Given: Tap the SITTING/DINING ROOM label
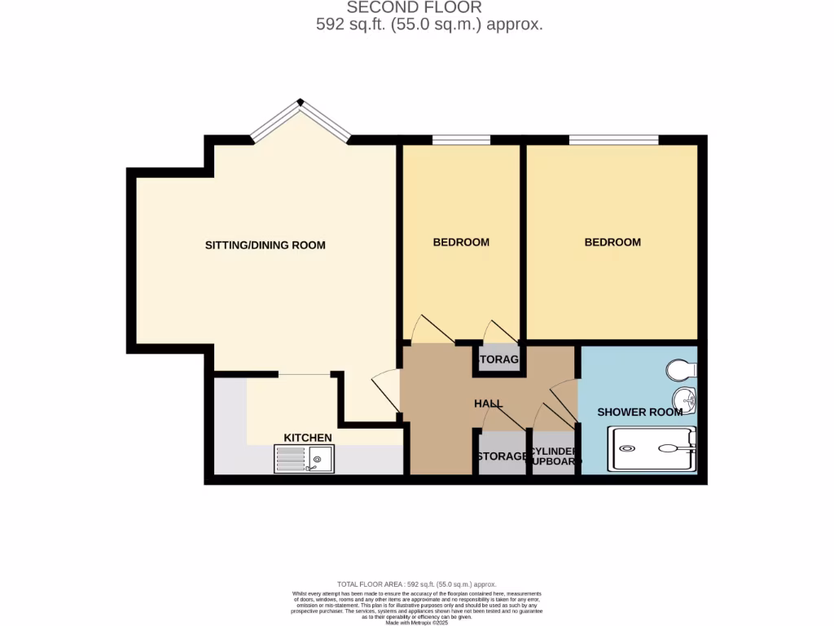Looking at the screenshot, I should pos(265,245).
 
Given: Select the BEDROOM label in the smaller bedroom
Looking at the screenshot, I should pos(461,242).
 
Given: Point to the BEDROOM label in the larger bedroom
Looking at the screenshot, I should pos(612,242).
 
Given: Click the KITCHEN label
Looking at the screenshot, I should pos(307,439).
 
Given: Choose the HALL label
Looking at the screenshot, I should pos(489,404).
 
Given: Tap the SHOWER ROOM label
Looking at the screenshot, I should pos(640,412).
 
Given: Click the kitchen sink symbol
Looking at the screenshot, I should pos(304,460).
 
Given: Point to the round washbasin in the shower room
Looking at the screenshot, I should pos(684,399).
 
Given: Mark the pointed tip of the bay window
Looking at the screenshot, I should pos(301,103).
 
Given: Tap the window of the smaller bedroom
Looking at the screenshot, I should pos(461,140).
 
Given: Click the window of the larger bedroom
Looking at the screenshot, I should pos(613,140).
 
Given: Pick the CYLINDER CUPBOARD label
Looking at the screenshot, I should pos(555,456).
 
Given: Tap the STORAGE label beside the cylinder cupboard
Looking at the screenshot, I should pos(502,456).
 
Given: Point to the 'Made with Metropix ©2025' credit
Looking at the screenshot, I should pos(416,622).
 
